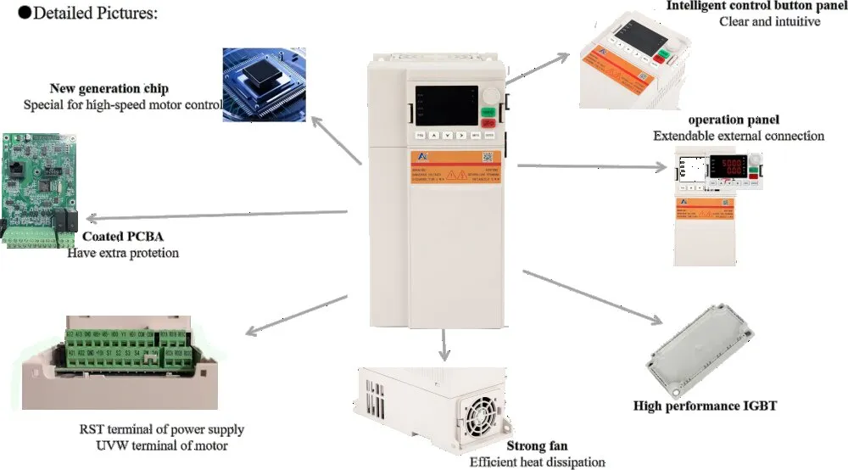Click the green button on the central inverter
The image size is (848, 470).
point(488,112)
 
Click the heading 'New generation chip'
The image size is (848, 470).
point(109,88)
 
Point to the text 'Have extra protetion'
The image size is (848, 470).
point(123,253)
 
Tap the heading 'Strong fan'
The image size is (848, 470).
point(537,445)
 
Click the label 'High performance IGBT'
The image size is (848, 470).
point(705,406)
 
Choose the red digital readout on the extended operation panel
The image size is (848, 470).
point(726,166)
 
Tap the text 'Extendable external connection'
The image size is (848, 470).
point(738,136)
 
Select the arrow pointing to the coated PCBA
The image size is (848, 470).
point(217,213)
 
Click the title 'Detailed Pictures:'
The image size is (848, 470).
point(87,14)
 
